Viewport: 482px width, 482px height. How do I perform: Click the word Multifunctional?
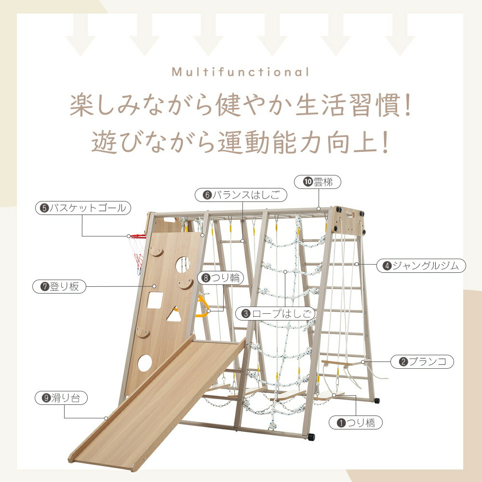tap(241, 72)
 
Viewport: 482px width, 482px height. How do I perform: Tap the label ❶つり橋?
tap(356, 423)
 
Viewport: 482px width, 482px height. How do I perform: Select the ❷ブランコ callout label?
tap(422, 361)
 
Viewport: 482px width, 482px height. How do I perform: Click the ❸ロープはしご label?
tap(275, 314)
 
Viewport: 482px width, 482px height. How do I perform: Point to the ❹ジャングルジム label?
tap(421, 266)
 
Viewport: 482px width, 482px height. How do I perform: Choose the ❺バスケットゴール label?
tap(83, 208)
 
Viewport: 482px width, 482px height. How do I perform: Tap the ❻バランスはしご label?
tap(241, 195)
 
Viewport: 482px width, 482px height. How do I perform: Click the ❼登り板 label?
tap(59, 286)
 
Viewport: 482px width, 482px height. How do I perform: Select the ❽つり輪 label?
tap(220, 278)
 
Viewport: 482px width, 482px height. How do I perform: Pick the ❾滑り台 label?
tap(61, 398)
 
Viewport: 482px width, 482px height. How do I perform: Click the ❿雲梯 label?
tap(318, 182)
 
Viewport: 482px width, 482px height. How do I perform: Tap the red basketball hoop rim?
tap(138, 236)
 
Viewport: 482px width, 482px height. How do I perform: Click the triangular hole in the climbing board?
tap(174, 315)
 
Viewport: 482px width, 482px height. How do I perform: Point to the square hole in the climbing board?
tap(155, 300)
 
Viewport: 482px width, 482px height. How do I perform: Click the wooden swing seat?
tap(342, 363)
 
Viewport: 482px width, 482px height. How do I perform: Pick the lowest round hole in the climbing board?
tap(145, 363)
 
